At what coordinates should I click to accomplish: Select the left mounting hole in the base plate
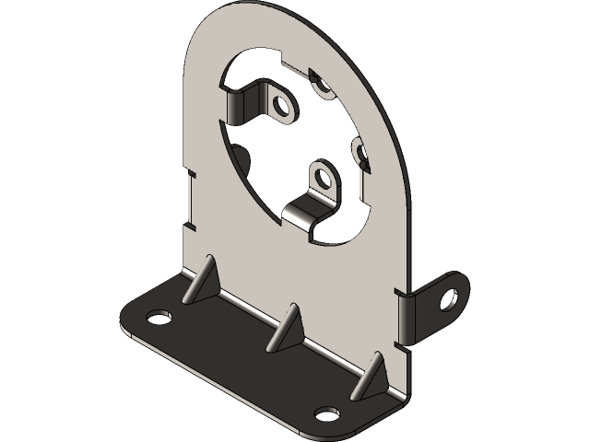point(159,317)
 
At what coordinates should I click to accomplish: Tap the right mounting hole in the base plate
point(326,413)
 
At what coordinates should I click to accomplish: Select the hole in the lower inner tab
point(321,174)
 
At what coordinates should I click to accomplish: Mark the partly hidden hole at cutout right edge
point(360,150)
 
